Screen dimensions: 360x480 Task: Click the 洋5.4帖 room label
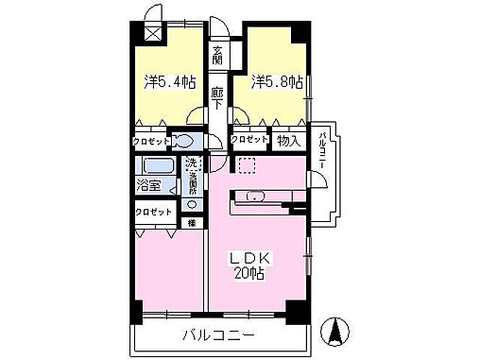click(x=170, y=82)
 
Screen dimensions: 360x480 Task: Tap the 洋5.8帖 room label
click(x=277, y=82)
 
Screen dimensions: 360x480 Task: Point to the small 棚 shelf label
click(x=192, y=223)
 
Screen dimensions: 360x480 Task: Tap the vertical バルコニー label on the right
click(x=323, y=150)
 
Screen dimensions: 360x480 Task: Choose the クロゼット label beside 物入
click(x=249, y=140)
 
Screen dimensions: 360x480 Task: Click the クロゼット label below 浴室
click(x=153, y=212)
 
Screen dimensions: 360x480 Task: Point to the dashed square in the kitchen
click(x=247, y=166)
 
